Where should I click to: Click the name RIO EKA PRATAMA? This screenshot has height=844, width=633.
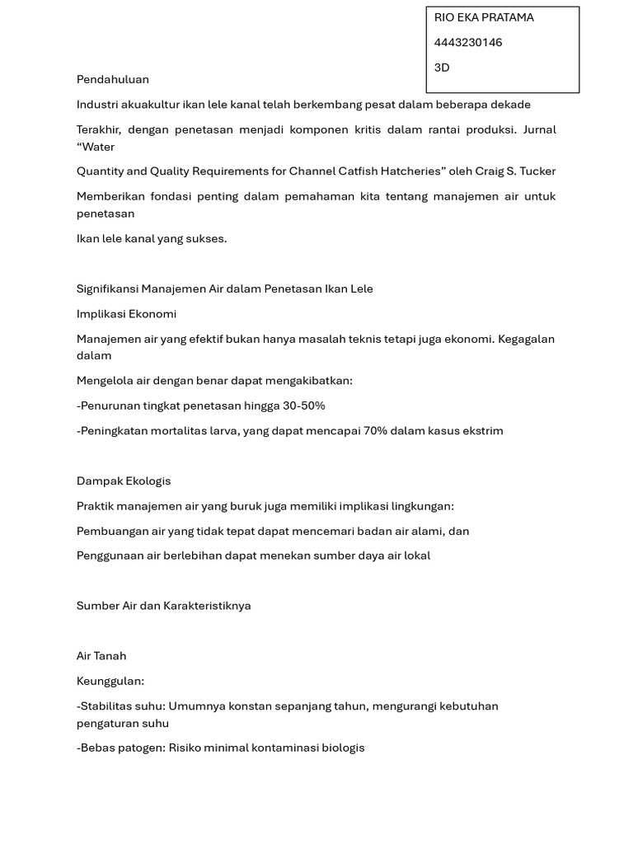coord(484,17)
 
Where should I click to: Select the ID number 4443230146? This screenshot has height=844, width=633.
coord(468,42)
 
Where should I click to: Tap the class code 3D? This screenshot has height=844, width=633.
coord(442,68)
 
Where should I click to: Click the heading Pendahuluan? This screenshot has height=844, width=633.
coord(113,79)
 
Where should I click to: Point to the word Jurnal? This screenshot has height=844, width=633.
coord(539,129)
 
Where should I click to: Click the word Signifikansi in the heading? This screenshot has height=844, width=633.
coord(107,289)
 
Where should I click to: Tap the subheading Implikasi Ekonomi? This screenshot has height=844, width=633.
coord(126,314)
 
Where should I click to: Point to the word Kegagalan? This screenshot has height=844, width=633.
coord(526,339)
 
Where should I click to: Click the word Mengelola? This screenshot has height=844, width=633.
coord(105,381)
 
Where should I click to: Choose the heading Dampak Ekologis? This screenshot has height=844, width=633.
coord(124,481)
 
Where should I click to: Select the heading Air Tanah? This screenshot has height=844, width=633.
coord(101,656)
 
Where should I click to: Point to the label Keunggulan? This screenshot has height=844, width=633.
coord(110,682)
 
